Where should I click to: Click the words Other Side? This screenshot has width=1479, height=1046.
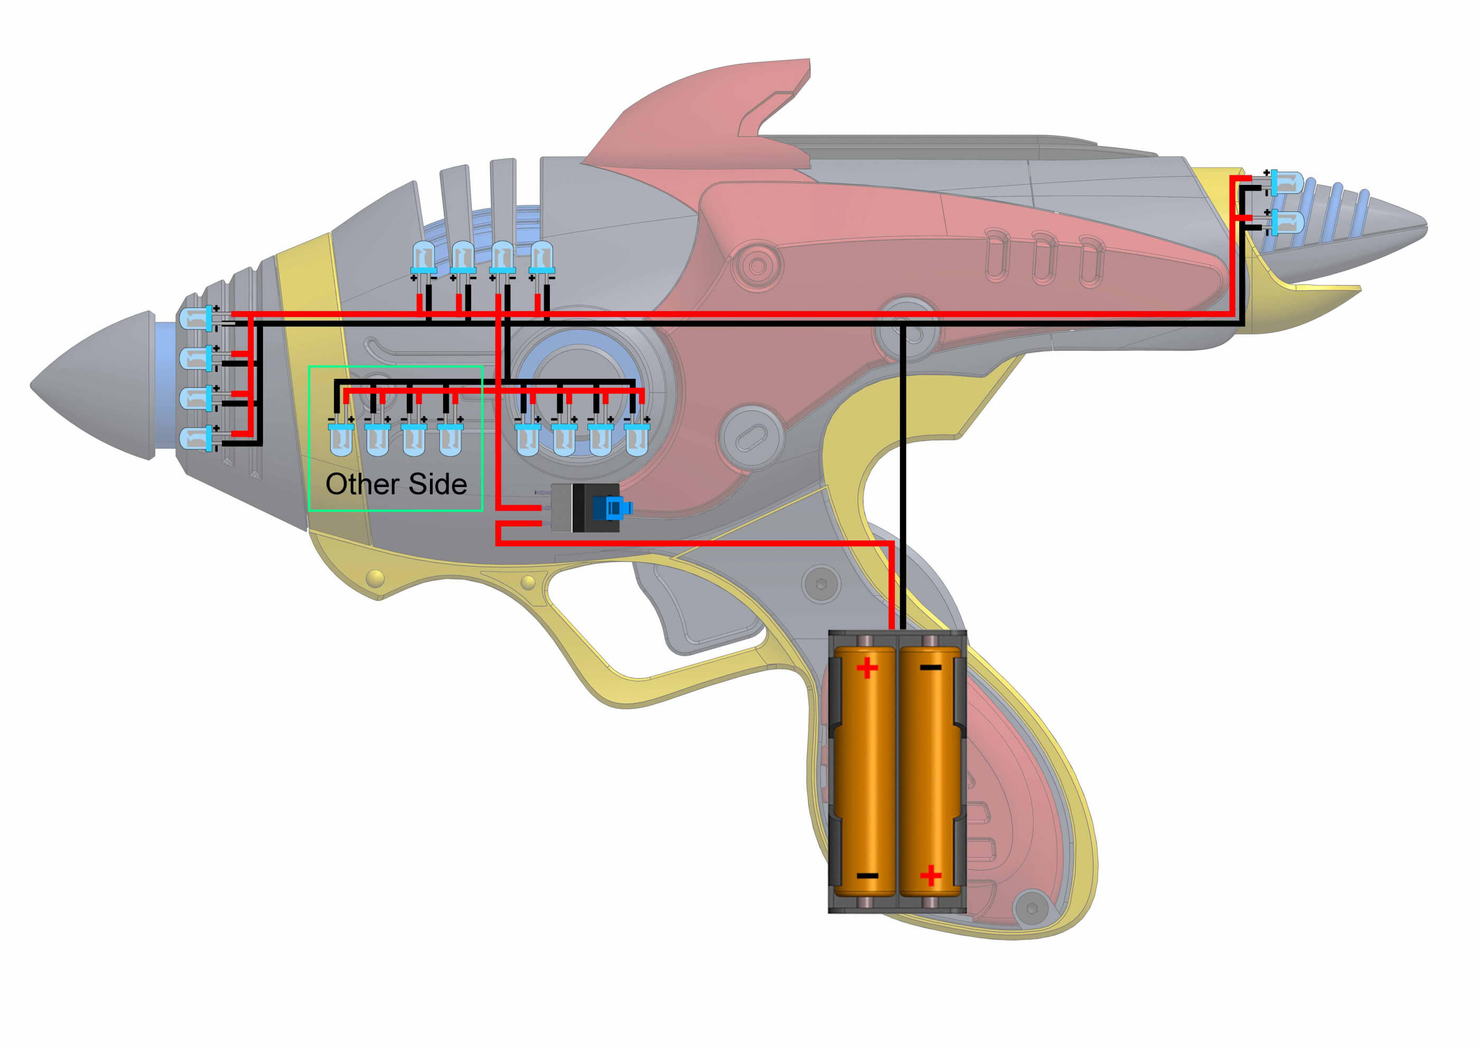(x=396, y=484)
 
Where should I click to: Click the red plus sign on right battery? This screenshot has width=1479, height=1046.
(x=930, y=875)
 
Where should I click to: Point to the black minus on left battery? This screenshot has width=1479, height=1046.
(x=867, y=876)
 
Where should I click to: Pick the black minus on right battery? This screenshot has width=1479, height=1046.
(x=930, y=668)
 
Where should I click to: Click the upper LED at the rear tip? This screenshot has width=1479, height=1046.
(x=1287, y=183)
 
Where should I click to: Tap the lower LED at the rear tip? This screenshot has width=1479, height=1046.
(x=1287, y=222)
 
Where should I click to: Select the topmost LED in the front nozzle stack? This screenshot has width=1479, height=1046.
(x=196, y=318)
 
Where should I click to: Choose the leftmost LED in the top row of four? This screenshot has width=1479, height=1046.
(x=423, y=257)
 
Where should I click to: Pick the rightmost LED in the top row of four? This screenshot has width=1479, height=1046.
(x=541, y=257)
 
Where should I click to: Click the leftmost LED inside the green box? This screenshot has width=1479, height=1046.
(x=341, y=440)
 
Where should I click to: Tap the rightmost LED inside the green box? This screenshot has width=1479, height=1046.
(x=450, y=440)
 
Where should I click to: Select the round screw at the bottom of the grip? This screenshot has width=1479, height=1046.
(x=1031, y=909)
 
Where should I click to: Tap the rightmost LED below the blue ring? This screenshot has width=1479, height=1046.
(x=636, y=440)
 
